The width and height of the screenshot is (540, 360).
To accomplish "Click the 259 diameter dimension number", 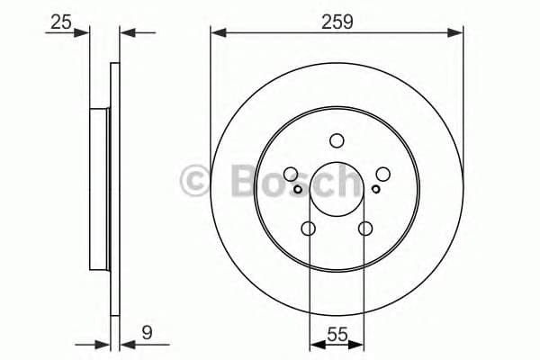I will click(337, 21).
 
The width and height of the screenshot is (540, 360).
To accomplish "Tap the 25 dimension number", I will click(61, 21).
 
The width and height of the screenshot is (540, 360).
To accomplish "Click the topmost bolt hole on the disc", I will click(337, 140).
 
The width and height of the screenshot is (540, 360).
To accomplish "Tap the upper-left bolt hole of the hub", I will click(290, 175).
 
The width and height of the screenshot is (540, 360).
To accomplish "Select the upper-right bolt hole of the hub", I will click(383, 175).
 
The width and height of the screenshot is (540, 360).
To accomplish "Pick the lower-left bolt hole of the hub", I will click(308, 229).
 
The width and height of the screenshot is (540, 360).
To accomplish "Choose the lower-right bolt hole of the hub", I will click(365, 229).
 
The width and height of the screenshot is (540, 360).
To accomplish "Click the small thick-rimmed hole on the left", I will click(297, 189).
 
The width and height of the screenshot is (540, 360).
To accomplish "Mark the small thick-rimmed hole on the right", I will click(376, 189).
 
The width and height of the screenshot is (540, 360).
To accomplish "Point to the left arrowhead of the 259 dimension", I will click(217, 33).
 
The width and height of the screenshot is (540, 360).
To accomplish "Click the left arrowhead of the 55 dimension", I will click(314, 343).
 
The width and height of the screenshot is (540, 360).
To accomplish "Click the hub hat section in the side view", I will click(99, 190).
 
